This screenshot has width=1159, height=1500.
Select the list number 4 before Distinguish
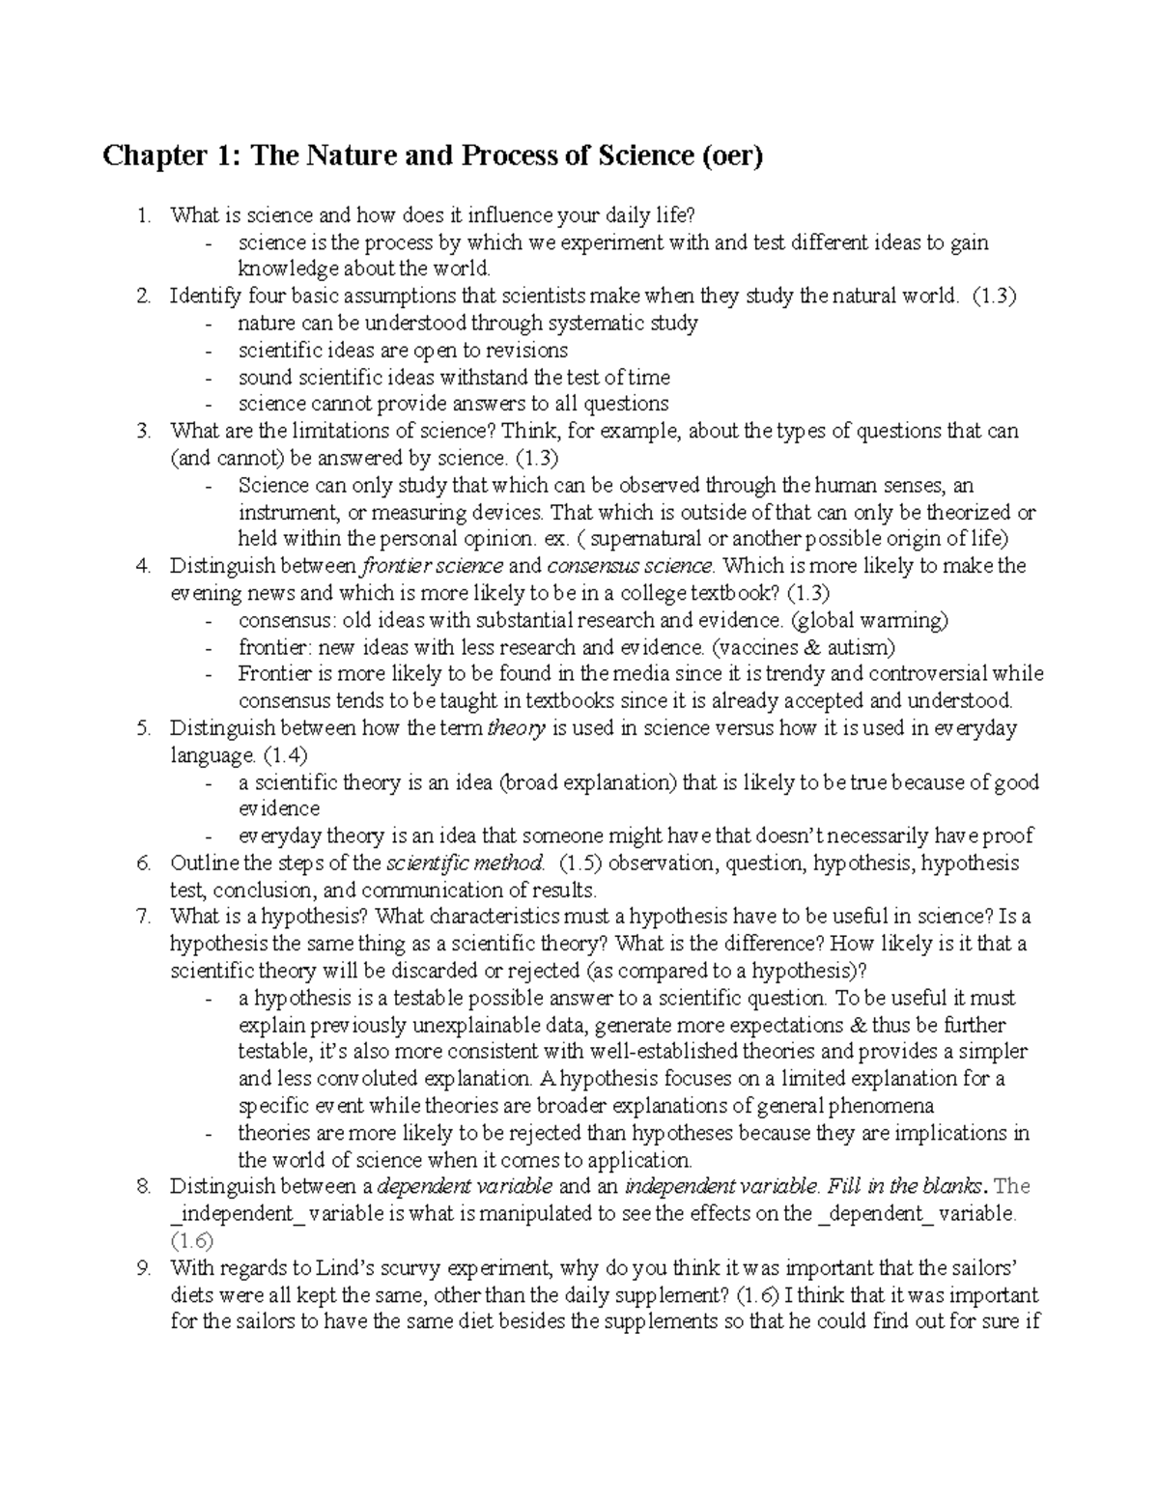tap(144, 566)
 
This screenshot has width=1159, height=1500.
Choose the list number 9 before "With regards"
tap(144, 1267)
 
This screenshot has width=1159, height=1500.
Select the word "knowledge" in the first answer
tap(285, 269)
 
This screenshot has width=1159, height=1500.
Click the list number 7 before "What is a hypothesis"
tap(144, 917)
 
